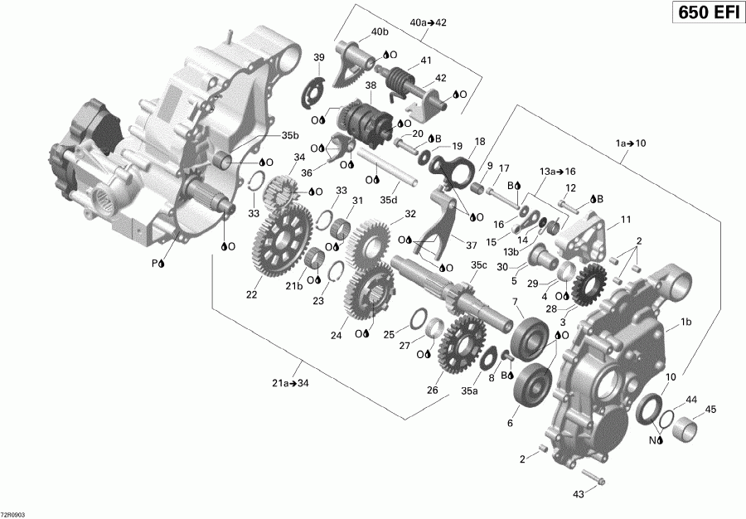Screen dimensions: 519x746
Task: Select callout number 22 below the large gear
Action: point(251,294)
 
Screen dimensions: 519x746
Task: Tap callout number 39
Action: point(318,57)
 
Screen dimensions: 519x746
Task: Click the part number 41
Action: point(425,61)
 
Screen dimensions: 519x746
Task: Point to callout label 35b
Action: point(289,135)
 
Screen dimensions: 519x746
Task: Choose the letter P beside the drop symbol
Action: point(153,263)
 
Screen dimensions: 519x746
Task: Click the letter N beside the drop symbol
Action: point(652,440)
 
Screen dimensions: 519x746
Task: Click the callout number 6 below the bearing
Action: point(509,422)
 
